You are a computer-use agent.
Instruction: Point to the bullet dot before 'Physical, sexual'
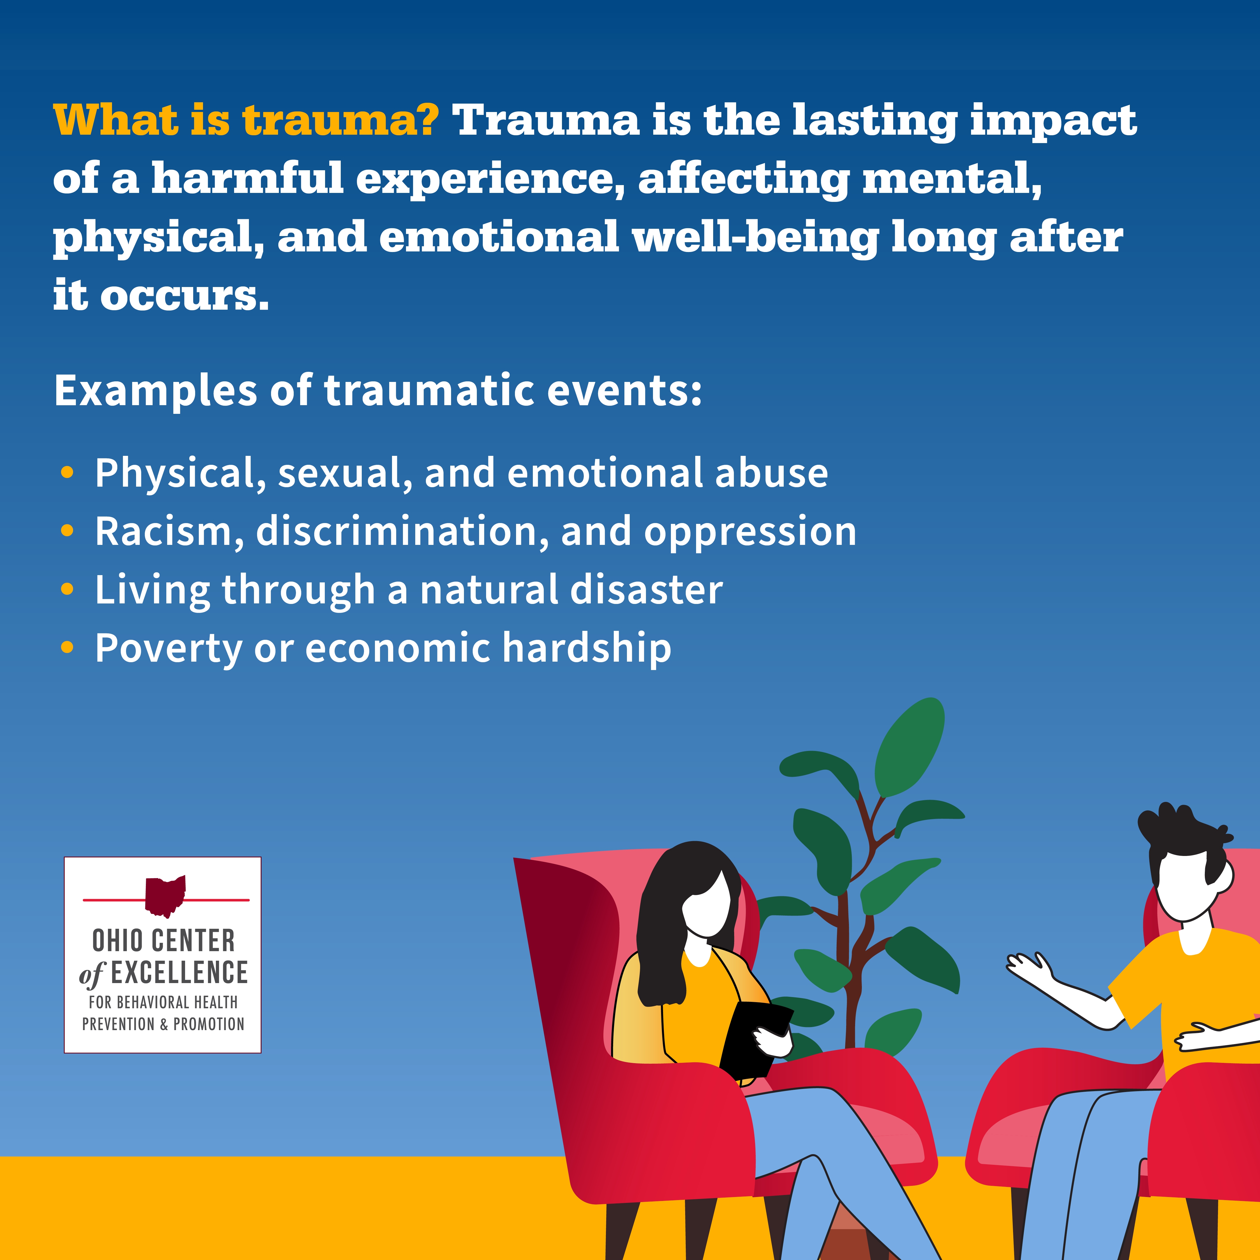[67, 473]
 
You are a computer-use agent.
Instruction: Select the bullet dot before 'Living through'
[67, 590]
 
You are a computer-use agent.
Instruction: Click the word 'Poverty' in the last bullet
[168, 648]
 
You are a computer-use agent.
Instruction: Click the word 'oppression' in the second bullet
[750, 531]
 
